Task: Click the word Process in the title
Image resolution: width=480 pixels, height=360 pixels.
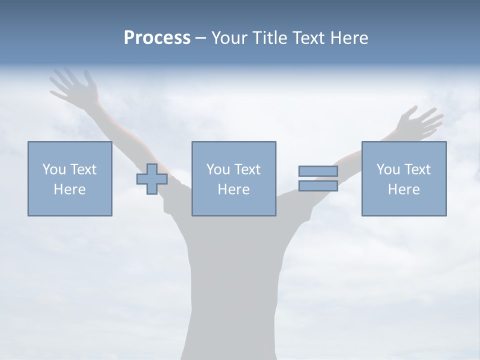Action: [157, 38]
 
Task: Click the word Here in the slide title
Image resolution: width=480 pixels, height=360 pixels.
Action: [349, 38]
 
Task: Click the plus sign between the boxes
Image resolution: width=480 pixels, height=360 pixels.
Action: [152, 179]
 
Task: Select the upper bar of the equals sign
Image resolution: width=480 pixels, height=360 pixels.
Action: [318, 171]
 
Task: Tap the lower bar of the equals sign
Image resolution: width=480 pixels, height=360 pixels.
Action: [318, 186]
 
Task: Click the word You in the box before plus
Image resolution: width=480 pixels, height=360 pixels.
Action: [53, 169]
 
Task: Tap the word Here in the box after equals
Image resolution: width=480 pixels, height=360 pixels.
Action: [403, 189]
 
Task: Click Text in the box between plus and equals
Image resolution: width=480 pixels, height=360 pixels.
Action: [248, 169]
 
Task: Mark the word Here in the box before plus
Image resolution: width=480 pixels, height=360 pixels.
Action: [69, 189]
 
